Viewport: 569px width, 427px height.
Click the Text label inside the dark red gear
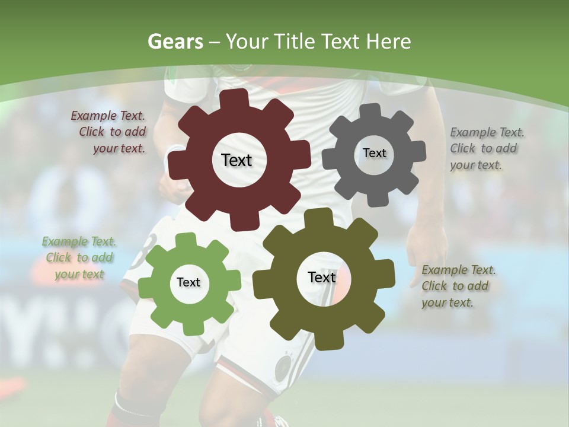(x=236, y=160)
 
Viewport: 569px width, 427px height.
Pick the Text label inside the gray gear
(x=374, y=153)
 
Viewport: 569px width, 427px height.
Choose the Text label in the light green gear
(x=188, y=282)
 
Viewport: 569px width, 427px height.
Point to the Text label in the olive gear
(x=322, y=278)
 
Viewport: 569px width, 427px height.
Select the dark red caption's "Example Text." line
(x=108, y=116)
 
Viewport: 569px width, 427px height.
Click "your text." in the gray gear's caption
(x=475, y=165)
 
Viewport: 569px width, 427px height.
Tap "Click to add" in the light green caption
(x=79, y=258)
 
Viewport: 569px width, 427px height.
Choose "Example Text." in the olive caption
(x=459, y=270)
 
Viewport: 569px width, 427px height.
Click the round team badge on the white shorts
(x=284, y=367)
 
